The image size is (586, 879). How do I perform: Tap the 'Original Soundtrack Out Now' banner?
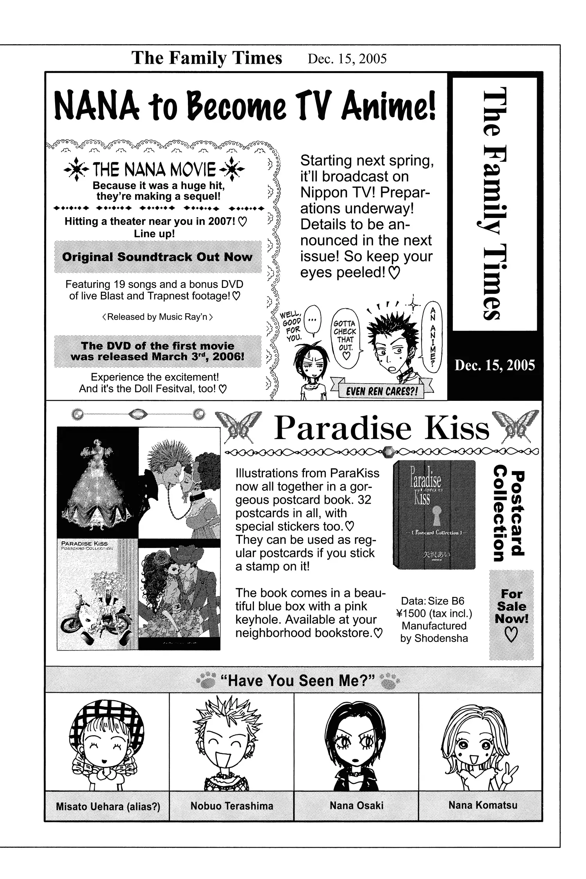(157, 257)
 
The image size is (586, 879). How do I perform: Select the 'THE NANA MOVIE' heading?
(154, 170)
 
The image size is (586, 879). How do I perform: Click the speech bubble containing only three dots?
(312, 320)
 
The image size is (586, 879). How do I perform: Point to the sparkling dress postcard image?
(97, 483)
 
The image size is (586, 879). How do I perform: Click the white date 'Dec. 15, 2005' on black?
(495, 365)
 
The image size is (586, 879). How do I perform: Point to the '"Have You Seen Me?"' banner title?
(297, 681)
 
